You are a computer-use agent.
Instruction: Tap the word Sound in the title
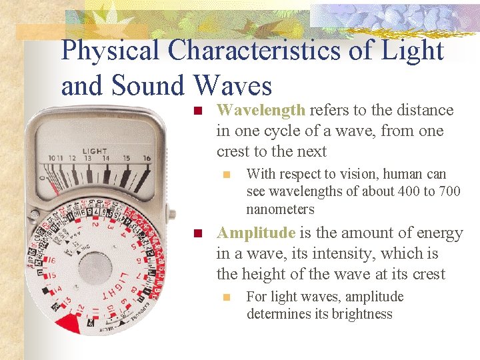click(151, 87)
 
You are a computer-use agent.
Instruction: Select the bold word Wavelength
click(261, 110)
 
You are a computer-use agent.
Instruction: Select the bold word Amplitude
click(256, 233)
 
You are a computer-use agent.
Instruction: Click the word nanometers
click(280, 209)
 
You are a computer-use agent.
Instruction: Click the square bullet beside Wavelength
click(197, 111)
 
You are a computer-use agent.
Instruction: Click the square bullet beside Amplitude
click(197, 234)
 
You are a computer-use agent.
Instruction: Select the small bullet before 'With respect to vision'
click(227, 175)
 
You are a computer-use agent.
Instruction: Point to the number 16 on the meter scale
click(147, 159)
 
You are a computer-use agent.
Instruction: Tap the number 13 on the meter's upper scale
click(86, 159)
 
